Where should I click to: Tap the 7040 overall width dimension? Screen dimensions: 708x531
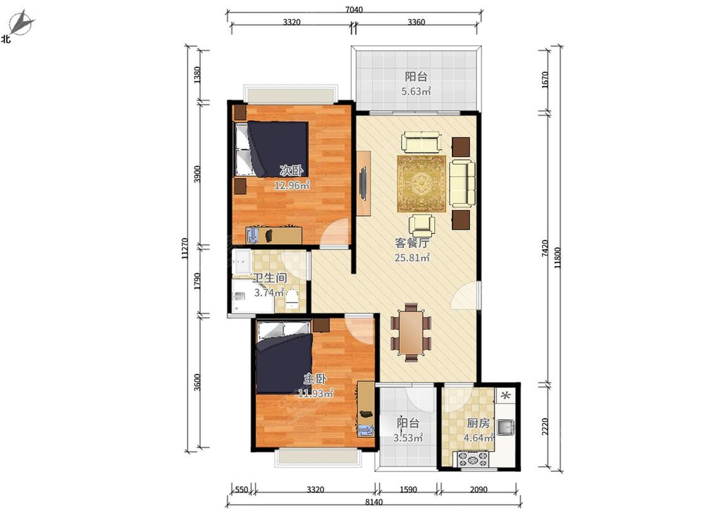[354, 9]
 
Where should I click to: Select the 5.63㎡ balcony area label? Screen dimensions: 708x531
[416, 91]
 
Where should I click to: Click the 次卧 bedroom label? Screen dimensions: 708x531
[291, 170]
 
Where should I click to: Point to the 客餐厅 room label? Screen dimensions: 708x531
[412, 243]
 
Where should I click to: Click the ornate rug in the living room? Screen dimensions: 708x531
[421, 183]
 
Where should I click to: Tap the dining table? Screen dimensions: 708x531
[411, 332]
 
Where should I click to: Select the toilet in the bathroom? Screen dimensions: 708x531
[293, 298]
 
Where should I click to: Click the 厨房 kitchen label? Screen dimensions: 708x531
[478, 423]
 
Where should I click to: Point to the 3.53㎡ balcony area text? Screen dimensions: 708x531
[408, 437]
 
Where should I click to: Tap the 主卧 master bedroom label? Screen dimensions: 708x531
[315, 378]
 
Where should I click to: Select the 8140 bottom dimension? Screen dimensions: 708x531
[374, 502]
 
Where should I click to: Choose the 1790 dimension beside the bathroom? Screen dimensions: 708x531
[197, 281]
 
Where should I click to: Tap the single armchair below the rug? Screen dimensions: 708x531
[422, 225]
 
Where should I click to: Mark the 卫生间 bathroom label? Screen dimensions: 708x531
[269, 278]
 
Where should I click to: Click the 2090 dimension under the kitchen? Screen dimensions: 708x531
[479, 489]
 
